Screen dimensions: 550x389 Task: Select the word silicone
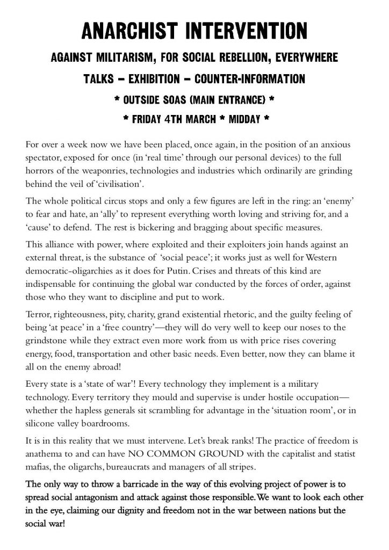(x=41, y=423)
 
